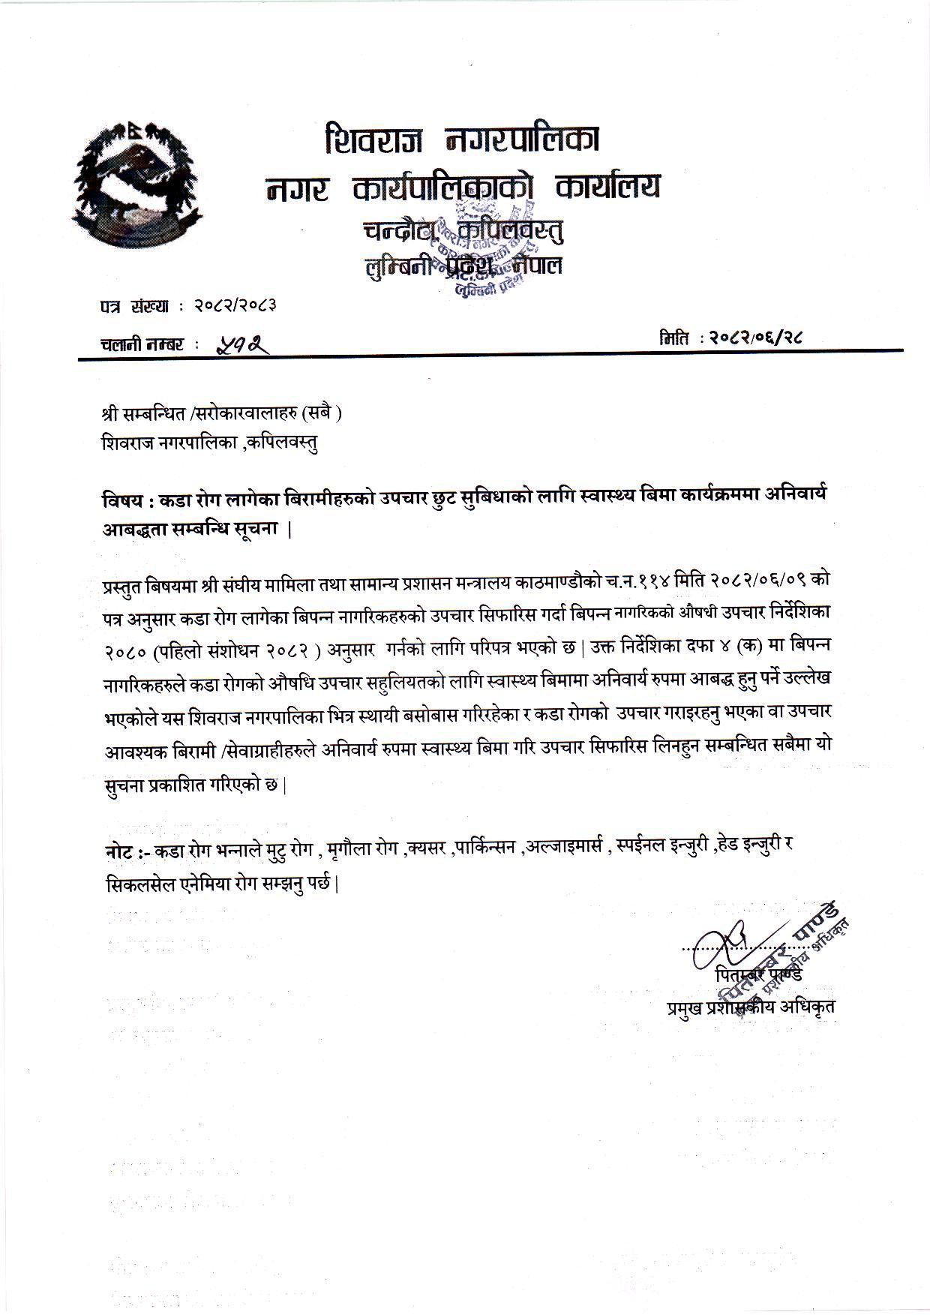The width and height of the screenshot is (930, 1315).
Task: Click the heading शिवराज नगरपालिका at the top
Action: click(x=462, y=141)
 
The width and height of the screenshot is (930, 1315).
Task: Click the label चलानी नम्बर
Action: click(x=142, y=344)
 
